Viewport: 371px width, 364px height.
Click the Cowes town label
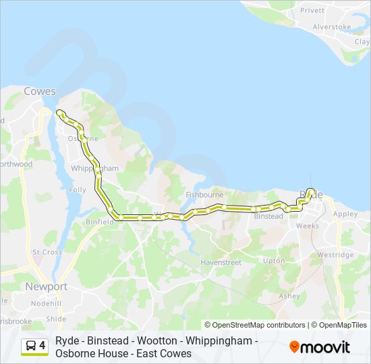pos(40,91)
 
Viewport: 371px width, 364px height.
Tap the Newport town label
pos(46,286)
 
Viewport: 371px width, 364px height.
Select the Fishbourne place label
pos(204,195)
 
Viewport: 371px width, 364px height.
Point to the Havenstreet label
pos(221,262)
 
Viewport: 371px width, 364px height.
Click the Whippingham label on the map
pos(94,168)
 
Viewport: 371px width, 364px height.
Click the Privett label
pos(312,11)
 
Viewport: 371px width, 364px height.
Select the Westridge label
pos(335,255)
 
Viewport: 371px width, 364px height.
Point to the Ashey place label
pos(289,296)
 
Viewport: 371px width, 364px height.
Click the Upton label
pos(274,260)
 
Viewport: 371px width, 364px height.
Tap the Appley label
pos(345,214)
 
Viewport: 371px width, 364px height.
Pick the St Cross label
pos(47,252)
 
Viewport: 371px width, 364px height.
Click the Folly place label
pos(78,190)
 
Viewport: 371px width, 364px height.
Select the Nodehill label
pos(46,303)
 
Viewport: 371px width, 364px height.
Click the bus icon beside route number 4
pos(31,346)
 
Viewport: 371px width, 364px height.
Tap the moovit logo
pos(320,347)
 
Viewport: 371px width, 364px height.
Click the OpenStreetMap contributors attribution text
pos(255,325)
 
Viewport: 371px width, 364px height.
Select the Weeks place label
pos(308,226)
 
